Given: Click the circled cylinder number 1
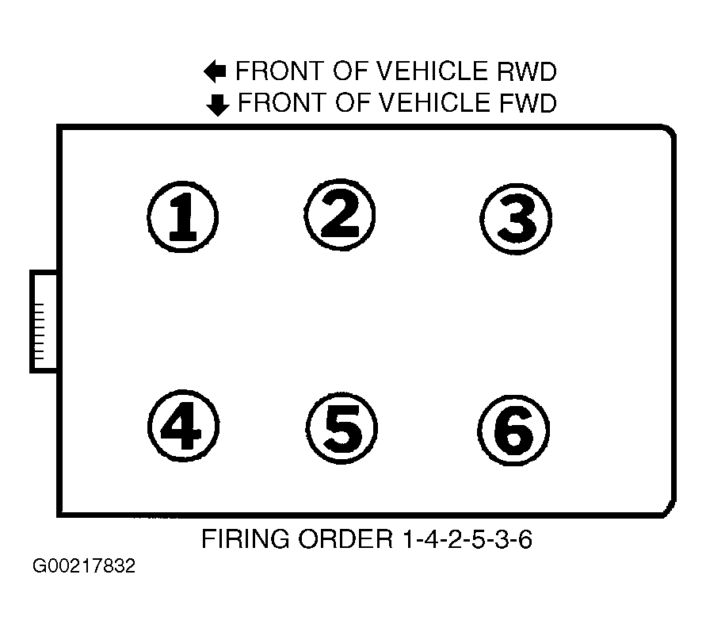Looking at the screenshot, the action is point(183,216).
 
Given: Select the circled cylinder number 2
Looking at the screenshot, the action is point(340,214).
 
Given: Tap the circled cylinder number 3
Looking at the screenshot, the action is point(516,219).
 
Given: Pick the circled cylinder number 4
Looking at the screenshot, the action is point(183,425).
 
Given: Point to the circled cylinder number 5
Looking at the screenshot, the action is point(342,428).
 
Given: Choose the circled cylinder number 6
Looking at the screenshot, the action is point(513,431).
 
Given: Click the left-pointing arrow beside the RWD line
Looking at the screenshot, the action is point(215,71).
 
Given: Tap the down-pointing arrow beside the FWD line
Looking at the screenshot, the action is point(218,105).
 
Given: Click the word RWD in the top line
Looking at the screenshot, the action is point(527,71).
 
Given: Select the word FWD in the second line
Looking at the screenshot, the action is point(529,103).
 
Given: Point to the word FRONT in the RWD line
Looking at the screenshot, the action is point(280,71).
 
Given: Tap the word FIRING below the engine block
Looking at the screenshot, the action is point(246,538).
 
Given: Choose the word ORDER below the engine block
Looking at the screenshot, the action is point(345,538).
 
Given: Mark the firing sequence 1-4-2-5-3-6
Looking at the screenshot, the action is point(467,538).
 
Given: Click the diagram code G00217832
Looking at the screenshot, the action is point(84,565).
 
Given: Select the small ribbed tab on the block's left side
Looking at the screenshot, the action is point(44,321).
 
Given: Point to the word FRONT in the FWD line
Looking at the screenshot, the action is point(282,103).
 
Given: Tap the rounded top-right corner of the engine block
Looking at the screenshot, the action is point(670,131).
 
